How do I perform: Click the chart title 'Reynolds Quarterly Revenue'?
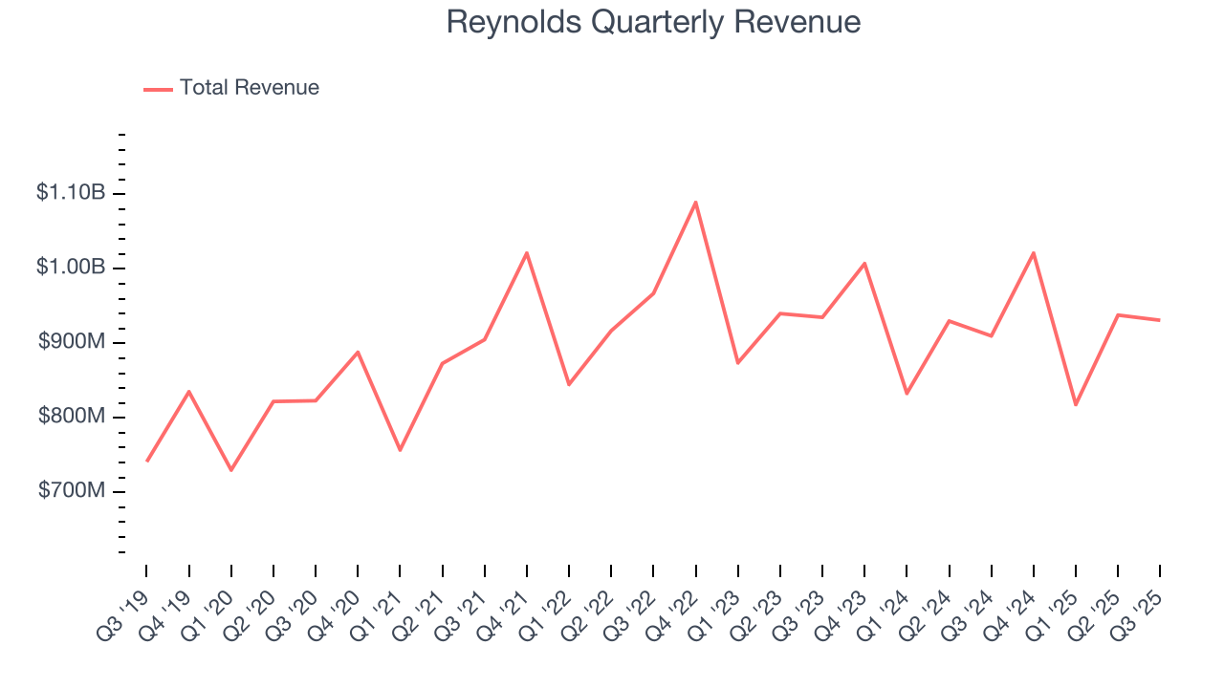click(x=653, y=22)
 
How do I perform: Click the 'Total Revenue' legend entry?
click(x=249, y=88)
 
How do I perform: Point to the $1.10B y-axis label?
click(x=70, y=193)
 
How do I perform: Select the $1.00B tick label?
click(x=70, y=268)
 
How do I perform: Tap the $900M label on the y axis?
click(x=72, y=342)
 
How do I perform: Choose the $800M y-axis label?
click(x=72, y=417)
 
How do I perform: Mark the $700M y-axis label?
click(x=72, y=491)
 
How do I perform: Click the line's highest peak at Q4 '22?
click(x=696, y=202)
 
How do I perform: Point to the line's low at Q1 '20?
click(x=231, y=470)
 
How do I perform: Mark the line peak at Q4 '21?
click(x=527, y=253)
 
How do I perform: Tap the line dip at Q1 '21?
click(x=400, y=450)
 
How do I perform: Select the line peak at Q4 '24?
click(x=1034, y=253)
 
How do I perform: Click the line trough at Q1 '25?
click(x=1076, y=405)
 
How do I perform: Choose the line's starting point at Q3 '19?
click(x=146, y=461)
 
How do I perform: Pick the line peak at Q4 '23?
click(x=864, y=263)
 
